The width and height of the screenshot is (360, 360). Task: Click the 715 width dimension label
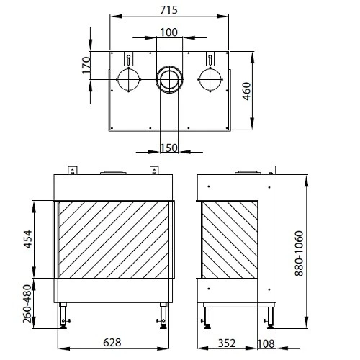[168, 10]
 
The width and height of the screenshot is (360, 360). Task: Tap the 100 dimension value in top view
[168, 32]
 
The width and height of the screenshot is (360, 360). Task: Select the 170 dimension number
[86, 66]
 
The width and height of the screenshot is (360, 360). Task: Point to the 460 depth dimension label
[246, 91]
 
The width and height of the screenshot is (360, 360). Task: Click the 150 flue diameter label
[168, 148]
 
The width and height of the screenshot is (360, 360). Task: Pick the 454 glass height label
[27, 239]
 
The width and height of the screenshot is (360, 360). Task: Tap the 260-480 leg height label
[27, 304]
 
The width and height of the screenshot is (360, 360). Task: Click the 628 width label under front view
[112, 343]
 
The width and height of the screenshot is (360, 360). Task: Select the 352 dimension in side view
[227, 343]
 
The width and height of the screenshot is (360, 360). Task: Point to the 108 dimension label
[266, 343]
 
